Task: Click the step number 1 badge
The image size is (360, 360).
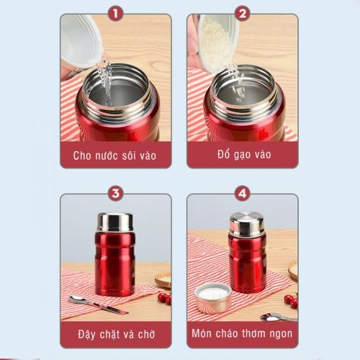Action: (x=116, y=14)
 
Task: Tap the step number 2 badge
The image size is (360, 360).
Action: (x=243, y=14)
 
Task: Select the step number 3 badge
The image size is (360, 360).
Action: (x=116, y=194)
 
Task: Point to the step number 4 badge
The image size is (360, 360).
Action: (x=243, y=194)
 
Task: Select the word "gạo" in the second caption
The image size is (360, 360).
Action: (x=244, y=155)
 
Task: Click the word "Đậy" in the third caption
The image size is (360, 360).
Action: (x=86, y=334)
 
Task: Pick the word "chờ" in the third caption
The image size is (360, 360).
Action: (x=146, y=334)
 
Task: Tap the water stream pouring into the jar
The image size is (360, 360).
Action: (x=106, y=81)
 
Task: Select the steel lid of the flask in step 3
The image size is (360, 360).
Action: (x=115, y=222)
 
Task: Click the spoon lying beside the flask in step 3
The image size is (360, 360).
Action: (x=98, y=305)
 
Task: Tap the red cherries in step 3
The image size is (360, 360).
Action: (x=165, y=299)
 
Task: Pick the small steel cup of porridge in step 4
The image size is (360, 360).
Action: (x=213, y=298)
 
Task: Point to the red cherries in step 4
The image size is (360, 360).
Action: (x=291, y=300)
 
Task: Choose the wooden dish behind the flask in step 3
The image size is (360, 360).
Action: (x=163, y=279)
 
